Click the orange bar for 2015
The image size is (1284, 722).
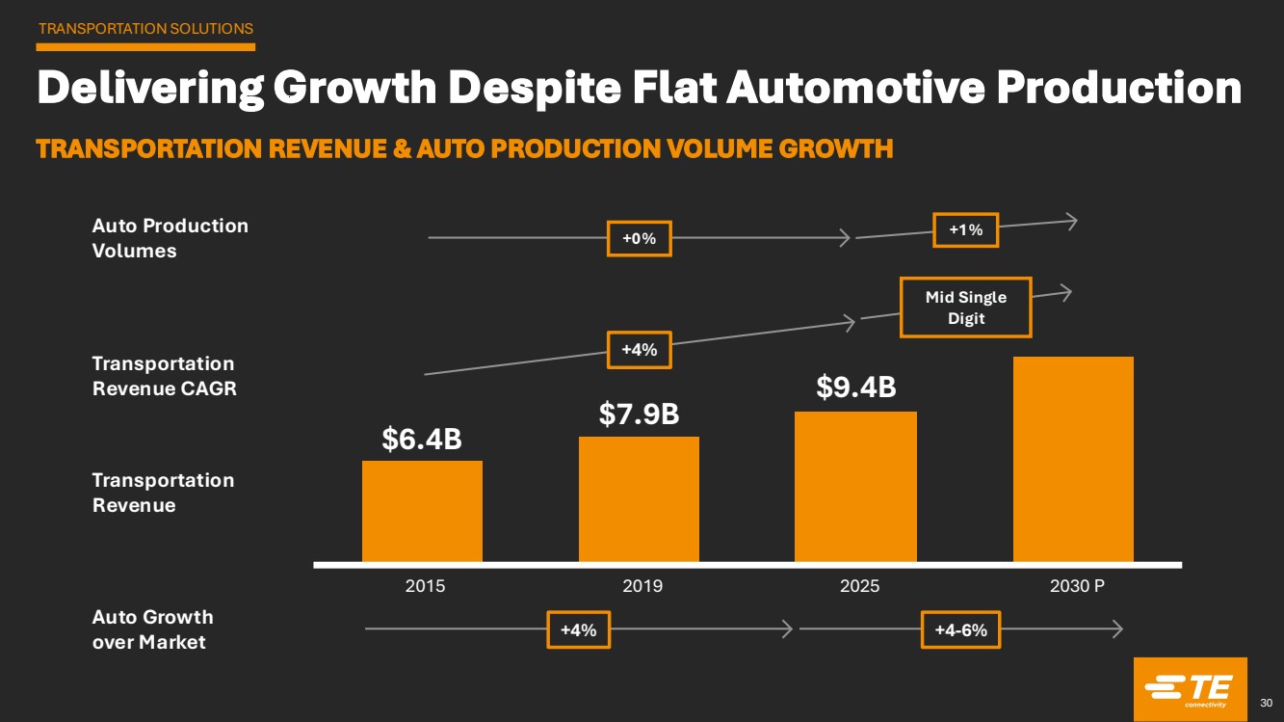[x=422, y=511]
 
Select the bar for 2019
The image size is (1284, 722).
[x=639, y=498]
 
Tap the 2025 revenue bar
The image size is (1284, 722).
[x=855, y=486]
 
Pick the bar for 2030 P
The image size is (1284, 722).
[x=1073, y=459]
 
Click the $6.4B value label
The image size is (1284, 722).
[x=422, y=440]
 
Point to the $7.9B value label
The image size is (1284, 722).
[x=640, y=414]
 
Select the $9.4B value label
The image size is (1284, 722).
[x=856, y=388]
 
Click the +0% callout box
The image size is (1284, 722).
[x=639, y=238]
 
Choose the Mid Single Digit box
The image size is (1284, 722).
[x=965, y=308]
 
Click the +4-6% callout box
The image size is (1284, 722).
[x=960, y=630]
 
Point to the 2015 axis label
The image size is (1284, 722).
[x=426, y=586]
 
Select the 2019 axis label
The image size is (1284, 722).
[x=642, y=586]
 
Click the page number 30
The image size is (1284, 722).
[x=1267, y=702]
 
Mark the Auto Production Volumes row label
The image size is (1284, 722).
[x=170, y=238]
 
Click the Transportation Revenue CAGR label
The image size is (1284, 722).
[x=164, y=376]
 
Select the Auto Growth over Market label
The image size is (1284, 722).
[x=152, y=628]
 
